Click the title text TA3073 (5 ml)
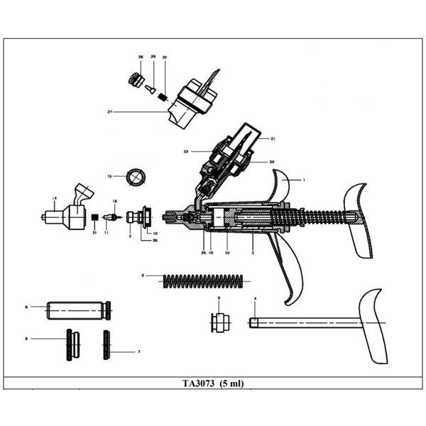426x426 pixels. [x=212, y=383]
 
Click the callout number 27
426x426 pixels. [x=110, y=111]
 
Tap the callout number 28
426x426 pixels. [x=141, y=56]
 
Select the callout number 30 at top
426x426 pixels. [x=165, y=56]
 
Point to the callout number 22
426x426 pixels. [x=185, y=151]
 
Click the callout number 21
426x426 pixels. [x=273, y=138]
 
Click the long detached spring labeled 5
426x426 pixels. [x=206, y=280]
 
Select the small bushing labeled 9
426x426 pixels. [x=219, y=323]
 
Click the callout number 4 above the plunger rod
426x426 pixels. [x=256, y=298]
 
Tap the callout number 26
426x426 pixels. [x=154, y=240]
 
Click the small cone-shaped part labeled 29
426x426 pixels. [x=150, y=89]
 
